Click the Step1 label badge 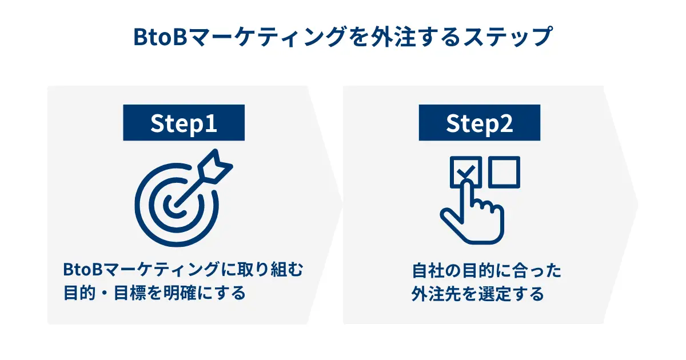click(x=184, y=122)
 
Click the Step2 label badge click(x=480, y=122)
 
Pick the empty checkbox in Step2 click(x=504, y=172)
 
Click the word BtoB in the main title click(x=160, y=37)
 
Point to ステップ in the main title click(x=508, y=37)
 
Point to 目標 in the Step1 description click(x=130, y=293)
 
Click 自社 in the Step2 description click(x=428, y=271)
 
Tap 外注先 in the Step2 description click(x=436, y=294)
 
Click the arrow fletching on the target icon click(x=216, y=166)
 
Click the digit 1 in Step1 click(x=211, y=123)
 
